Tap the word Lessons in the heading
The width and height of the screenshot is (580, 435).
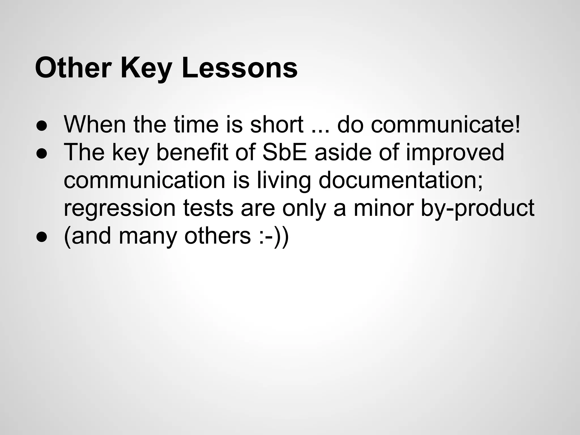[240, 68]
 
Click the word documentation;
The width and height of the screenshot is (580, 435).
[401, 180]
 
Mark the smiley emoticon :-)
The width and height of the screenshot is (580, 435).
[270, 236]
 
